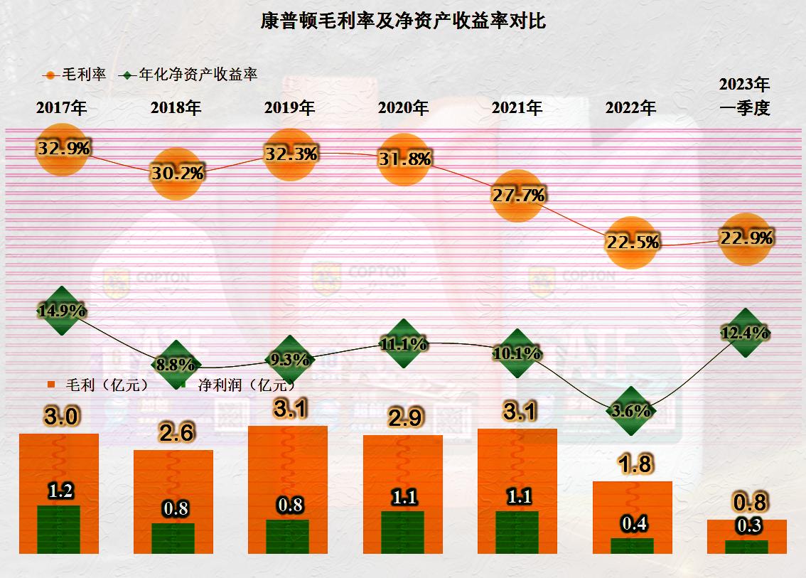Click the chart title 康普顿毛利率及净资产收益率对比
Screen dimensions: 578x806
click(x=403, y=21)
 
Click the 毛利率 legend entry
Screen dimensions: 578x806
click(x=76, y=74)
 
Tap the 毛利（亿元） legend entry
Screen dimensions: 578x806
click(x=100, y=385)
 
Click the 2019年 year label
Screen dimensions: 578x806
click(x=289, y=108)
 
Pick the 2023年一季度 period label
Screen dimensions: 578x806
click(x=745, y=97)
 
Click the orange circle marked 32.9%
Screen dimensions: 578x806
click(x=63, y=149)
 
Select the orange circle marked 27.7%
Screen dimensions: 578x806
click(x=517, y=196)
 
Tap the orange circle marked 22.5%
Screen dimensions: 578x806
click(x=631, y=242)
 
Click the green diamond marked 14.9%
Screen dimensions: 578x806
click(x=63, y=311)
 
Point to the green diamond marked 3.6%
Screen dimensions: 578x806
click(x=631, y=410)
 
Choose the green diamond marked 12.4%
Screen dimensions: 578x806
click(x=745, y=332)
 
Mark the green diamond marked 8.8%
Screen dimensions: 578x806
click(x=176, y=365)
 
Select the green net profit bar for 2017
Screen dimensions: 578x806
click(x=59, y=530)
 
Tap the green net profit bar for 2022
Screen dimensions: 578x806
click(x=632, y=545)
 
